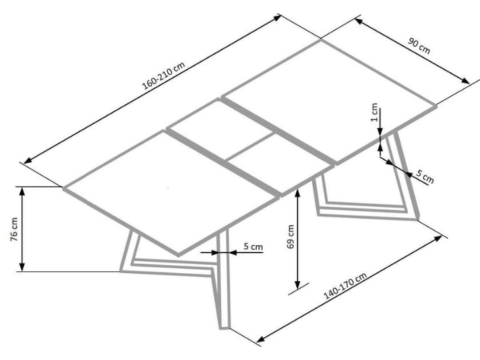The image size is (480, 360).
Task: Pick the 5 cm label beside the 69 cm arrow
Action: [253, 246]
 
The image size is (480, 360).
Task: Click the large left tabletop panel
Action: [170, 191]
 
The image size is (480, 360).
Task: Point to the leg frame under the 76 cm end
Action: [134, 257]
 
